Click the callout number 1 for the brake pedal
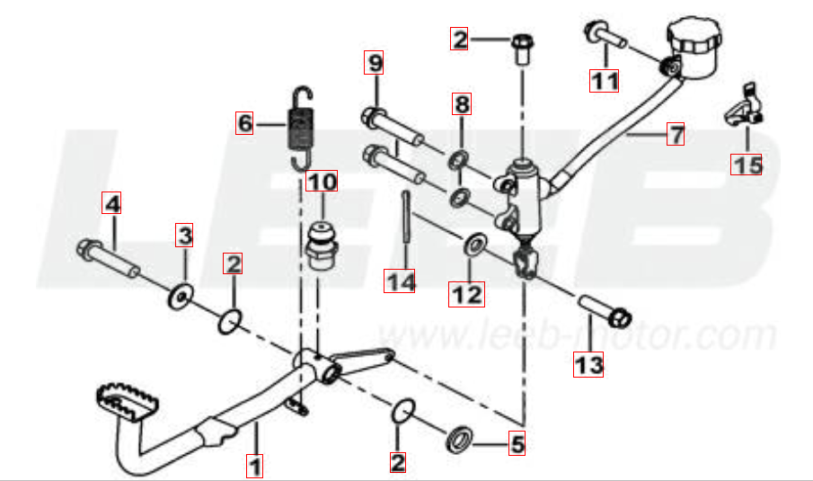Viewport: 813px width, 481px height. click(254, 466)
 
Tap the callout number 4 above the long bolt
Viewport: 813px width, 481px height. click(111, 203)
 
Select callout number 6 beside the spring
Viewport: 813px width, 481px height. click(244, 123)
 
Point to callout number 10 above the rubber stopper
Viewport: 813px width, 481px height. click(322, 181)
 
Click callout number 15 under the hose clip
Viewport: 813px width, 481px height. click(747, 165)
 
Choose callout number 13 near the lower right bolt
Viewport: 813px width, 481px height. click(588, 364)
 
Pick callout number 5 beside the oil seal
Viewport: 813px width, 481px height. click(517, 443)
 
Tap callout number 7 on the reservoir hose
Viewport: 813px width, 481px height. click(675, 134)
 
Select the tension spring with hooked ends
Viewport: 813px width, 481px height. click(300, 127)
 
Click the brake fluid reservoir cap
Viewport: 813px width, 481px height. click(694, 33)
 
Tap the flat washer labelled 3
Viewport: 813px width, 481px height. click(181, 298)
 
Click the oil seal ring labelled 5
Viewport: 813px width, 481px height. click(459, 440)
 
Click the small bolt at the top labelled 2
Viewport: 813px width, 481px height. click(523, 49)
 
